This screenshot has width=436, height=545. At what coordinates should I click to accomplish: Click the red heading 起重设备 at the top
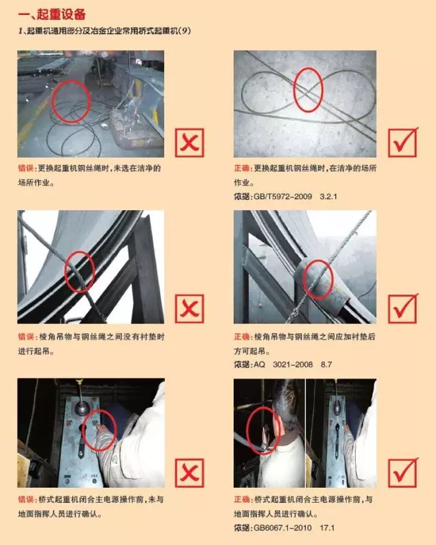coord(61,14)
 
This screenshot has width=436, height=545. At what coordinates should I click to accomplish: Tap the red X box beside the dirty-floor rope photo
coord(189,143)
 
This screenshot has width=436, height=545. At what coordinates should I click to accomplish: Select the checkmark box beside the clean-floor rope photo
coord(403,142)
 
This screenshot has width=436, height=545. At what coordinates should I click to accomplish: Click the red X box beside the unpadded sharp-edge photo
coord(189,308)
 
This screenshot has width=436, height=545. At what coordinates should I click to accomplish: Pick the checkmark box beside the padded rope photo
coord(403,308)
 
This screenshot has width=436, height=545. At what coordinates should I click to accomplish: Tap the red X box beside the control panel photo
coord(189,473)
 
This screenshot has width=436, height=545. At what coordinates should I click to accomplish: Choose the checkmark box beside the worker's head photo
coord(403,473)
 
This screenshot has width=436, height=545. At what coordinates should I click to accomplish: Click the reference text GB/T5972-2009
coord(283,196)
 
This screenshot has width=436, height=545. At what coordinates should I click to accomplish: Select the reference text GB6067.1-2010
coord(283,528)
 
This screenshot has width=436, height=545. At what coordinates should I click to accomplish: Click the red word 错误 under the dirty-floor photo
coord(26,168)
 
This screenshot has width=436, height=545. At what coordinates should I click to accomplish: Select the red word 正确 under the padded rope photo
coord(242,336)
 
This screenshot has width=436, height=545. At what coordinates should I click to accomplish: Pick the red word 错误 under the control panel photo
coord(26,499)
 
